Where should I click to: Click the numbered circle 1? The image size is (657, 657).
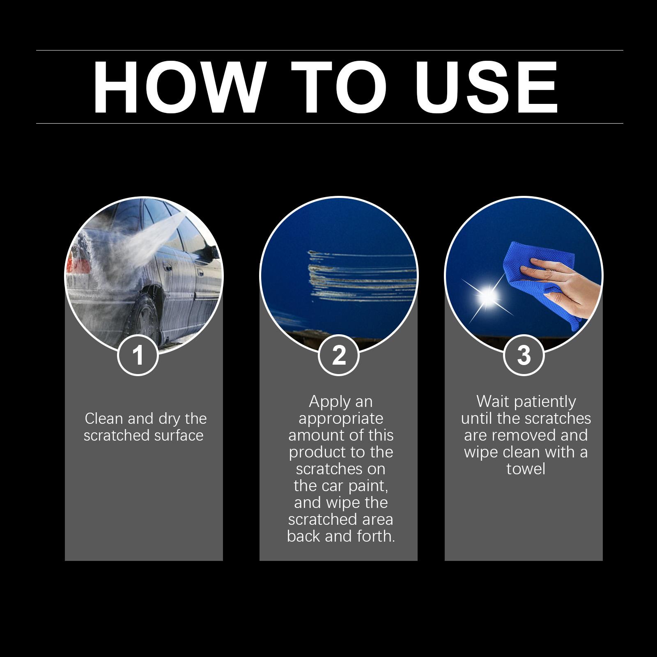click(x=138, y=355)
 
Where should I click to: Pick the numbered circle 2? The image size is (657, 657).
click(x=339, y=355)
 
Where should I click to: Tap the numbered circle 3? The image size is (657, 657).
click(x=524, y=355)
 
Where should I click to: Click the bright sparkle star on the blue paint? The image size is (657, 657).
click(x=487, y=295)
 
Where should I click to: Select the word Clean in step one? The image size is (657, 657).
click(x=104, y=419)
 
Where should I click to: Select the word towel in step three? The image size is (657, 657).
click(x=526, y=469)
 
